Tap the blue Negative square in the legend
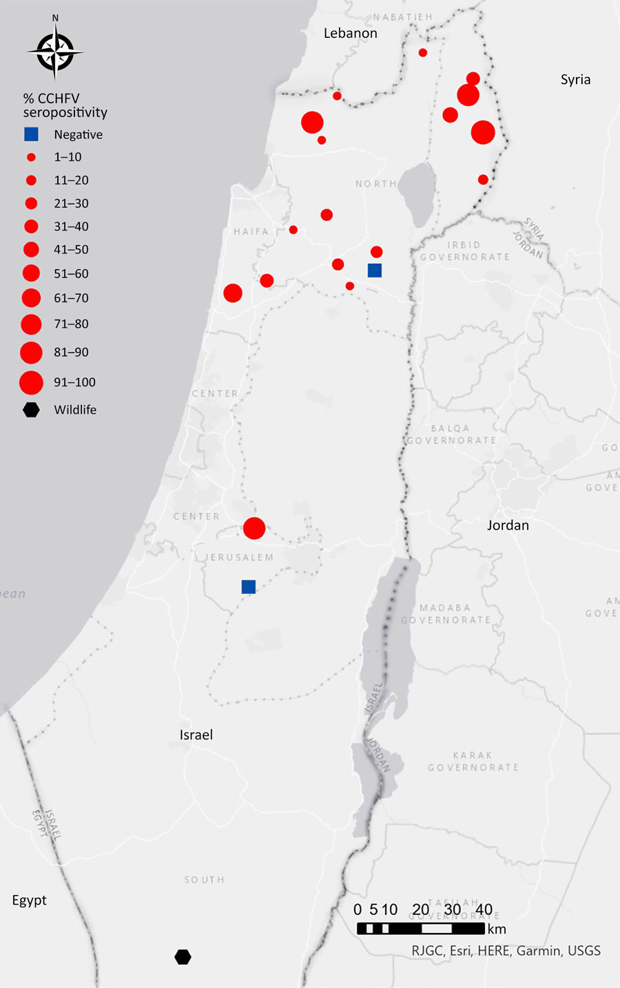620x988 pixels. click(31, 134)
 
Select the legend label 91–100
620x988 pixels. click(74, 382)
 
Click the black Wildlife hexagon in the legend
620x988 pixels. click(31, 410)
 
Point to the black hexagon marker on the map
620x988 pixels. click(183, 957)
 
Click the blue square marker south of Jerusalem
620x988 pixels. click(249, 587)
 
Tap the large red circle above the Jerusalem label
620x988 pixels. click(254, 528)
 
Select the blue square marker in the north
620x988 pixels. click(375, 270)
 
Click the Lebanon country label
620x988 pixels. click(350, 33)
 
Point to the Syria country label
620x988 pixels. click(575, 79)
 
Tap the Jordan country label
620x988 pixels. click(508, 525)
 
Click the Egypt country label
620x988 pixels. click(30, 901)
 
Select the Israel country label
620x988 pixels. click(196, 735)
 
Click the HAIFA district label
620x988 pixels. click(251, 231)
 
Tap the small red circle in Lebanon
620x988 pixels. click(423, 52)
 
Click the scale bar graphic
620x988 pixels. click(420, 929)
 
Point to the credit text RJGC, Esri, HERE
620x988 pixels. click(506, 951)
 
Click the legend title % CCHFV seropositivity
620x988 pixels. click(65, 105)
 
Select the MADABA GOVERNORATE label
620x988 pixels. click(446, 613)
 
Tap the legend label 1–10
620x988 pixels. click(68, 157)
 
